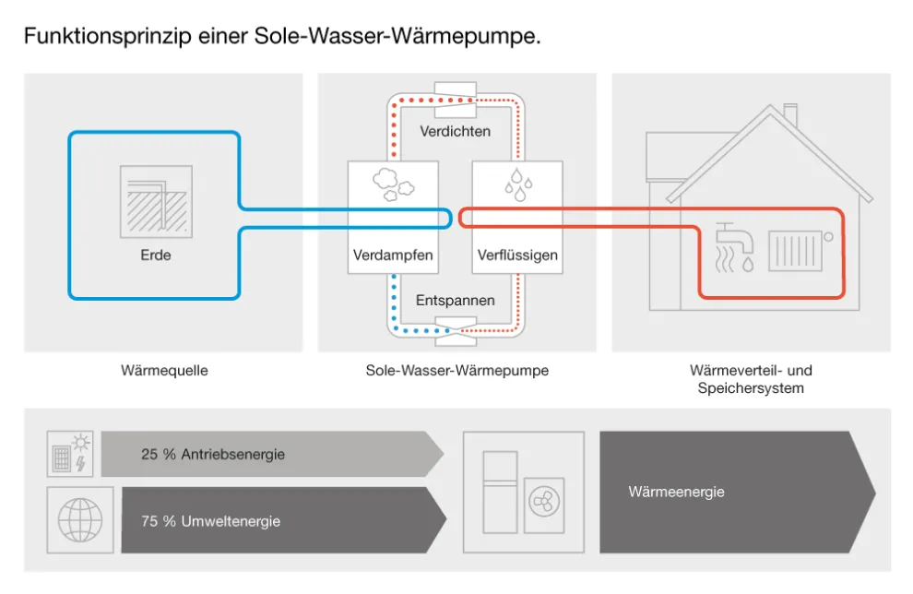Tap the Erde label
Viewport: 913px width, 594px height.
pos(155,255)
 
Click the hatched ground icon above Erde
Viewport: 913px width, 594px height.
pos(156,201)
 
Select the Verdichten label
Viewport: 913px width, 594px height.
pos(455,131)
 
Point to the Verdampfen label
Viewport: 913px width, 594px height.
pos(393,255)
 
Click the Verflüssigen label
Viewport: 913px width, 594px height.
pos(517,255)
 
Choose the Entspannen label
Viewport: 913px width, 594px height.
pos(455,301)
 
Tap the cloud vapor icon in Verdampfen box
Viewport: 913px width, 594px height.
pos(393,185)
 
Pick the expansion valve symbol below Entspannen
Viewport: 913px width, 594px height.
pos(456,327)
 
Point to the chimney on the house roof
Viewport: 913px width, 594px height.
pos(789,115)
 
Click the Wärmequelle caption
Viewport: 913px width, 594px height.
pos(164,371)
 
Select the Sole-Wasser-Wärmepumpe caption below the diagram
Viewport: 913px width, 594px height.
pos(456,371)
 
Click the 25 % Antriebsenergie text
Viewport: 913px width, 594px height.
pos(213,455)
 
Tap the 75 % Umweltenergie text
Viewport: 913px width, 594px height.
pos(210,521)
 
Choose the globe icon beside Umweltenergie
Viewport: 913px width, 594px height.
pos(79,520)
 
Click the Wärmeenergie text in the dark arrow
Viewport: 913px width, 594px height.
pos(676,492)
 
